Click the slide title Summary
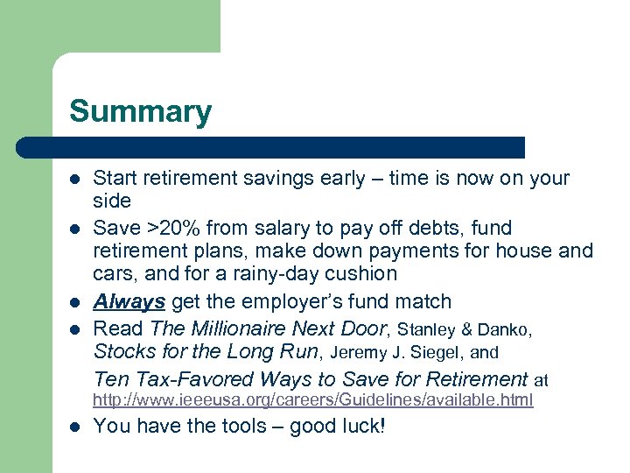[x=140, y=111]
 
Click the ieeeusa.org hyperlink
[x=312, y=400]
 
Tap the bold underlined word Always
[x=129, y=302]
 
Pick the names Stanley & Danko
[x=464, y=330]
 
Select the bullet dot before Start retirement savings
[x=75, y=180]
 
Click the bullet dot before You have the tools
[x=75, y=427]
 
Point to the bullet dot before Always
[x=75, y=303]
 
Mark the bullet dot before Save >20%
[x=75, y=229]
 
